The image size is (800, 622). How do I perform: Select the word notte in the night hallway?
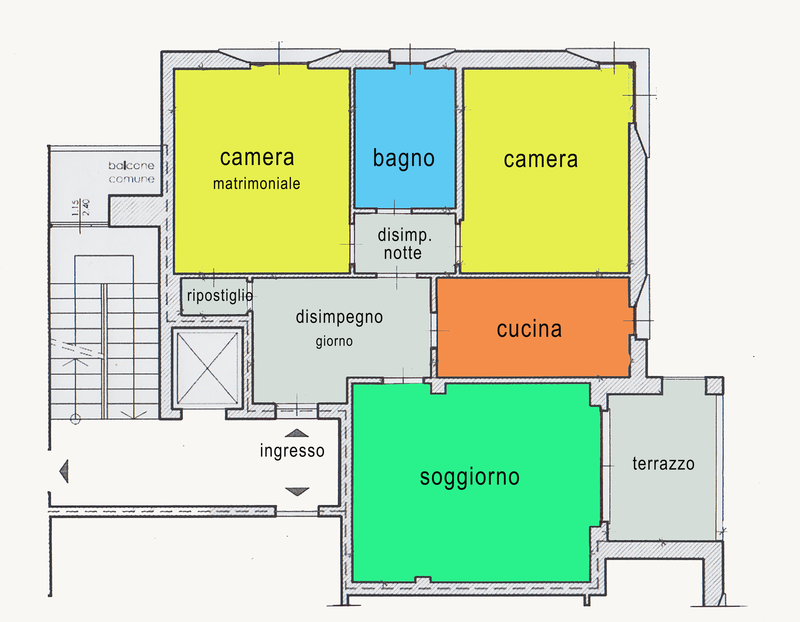pos(403,253)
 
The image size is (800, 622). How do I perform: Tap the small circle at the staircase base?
pos(75,419)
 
